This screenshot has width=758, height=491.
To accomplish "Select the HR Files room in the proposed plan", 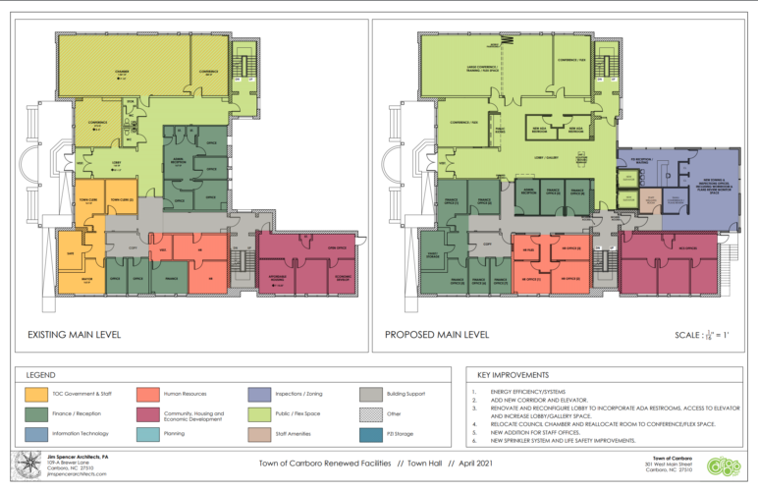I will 528,249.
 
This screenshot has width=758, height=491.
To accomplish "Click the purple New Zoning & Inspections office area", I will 705,187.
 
